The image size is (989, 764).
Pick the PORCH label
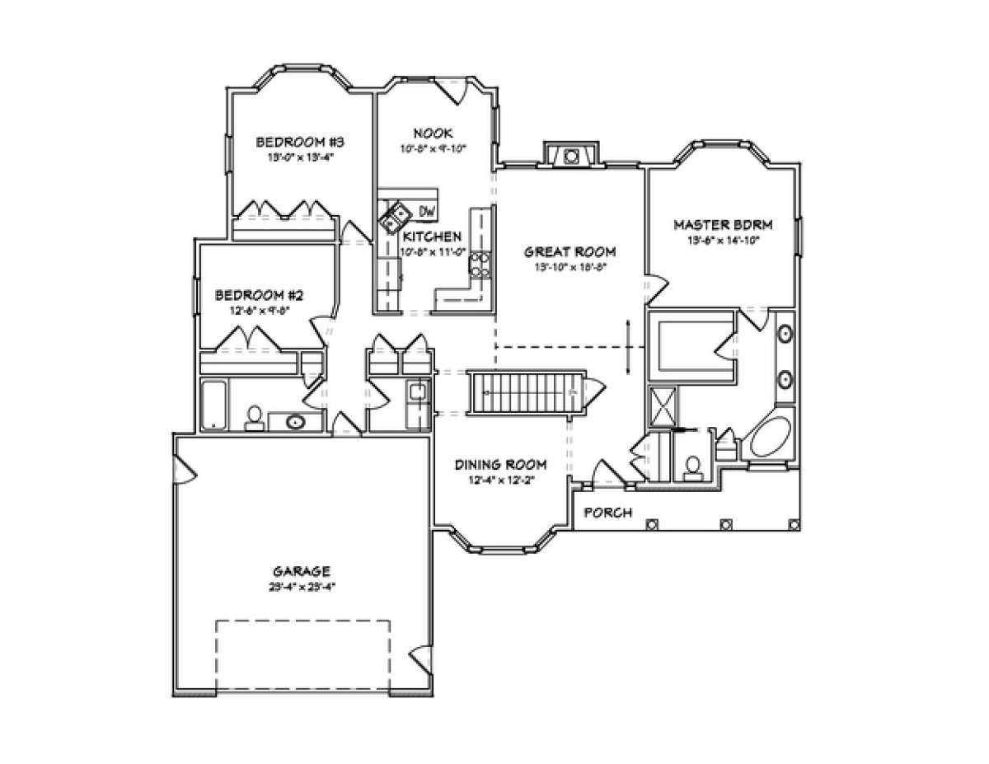click(607, 513)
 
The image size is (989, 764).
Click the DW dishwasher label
click(427, 212)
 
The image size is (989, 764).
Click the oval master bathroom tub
click(775, 440)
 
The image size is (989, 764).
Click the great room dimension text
click(571, 267)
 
